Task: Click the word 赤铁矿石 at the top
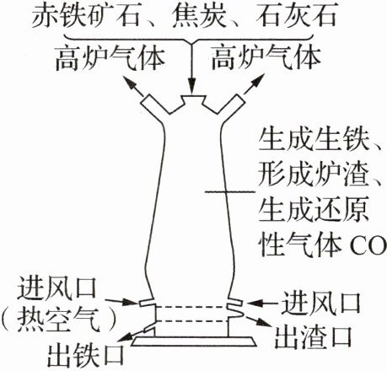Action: click(85, 16)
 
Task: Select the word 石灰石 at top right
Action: click(296, 16)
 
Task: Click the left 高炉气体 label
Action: click(110, 60)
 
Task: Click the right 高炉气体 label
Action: click(266, 60)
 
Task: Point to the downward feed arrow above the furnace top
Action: click(192, 69)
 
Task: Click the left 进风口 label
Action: click(56, 288)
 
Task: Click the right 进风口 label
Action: click(321, 303)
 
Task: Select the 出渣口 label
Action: click(313, 336)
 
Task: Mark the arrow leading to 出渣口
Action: click(259, 321)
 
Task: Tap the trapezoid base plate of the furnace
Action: click(194, 341)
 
